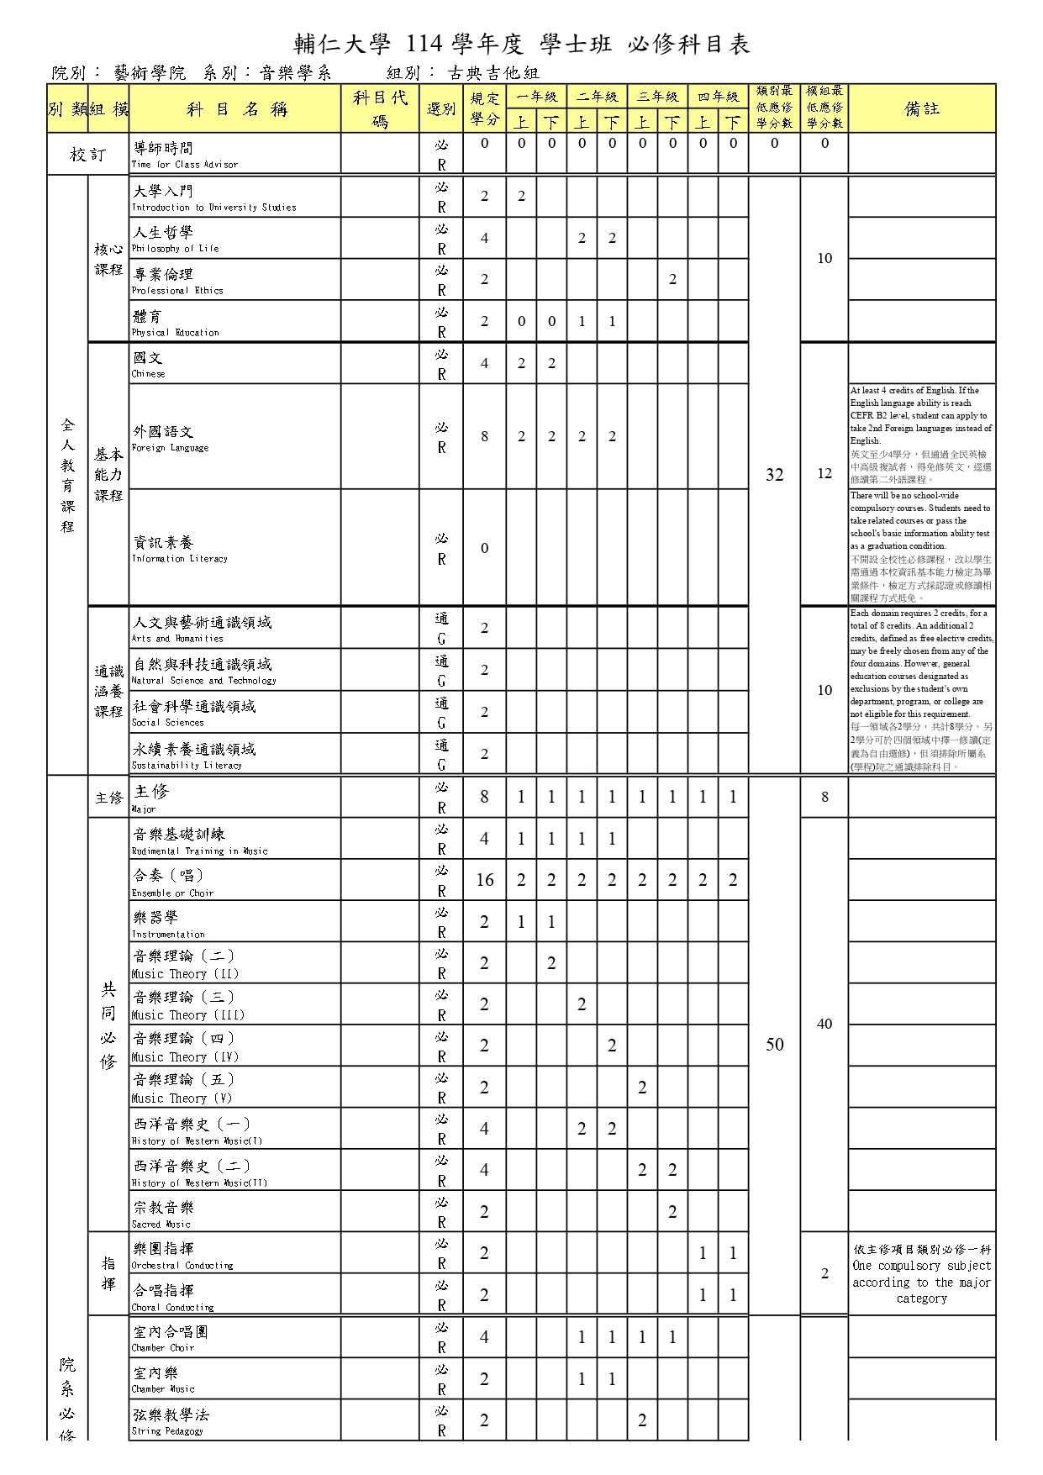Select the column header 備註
921,108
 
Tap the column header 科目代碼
380,109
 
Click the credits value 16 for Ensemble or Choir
484,880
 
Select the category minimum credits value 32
774,475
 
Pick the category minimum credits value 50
774,1045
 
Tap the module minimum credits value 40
824,1024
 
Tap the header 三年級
657,97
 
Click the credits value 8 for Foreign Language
484,436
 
